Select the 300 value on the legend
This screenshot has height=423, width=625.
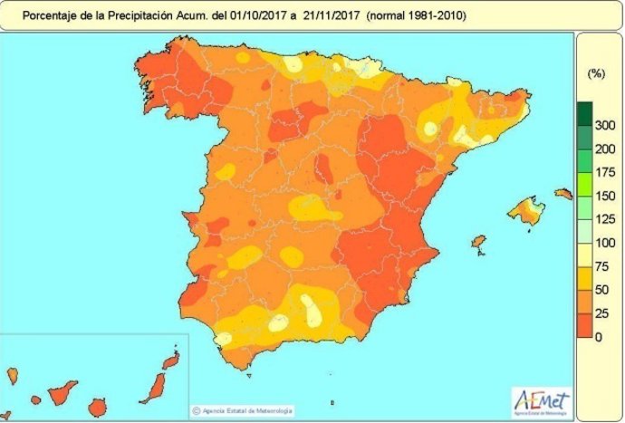tap(604, 124)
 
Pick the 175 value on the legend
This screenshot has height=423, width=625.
tap(604, 172)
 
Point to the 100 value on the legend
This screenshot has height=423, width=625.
tap(604, 243)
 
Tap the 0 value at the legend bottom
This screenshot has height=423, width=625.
tap(598, 337)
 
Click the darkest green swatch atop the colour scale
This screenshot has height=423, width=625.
tap(585, 113)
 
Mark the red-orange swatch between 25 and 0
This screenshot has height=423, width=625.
tap(585, 325)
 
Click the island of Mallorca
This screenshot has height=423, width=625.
tap(526, 213)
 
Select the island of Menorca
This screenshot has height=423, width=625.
tap(563, 194)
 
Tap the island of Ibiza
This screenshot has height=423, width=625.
tap(477, 242)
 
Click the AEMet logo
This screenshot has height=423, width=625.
tap(542, 399)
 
